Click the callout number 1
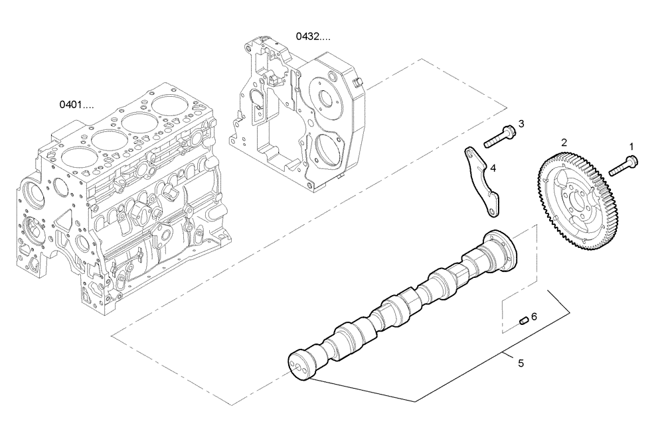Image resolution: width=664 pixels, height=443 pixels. pyautogui.click(x=631, y=145)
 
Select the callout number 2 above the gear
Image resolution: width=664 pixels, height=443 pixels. pyautogui.click(x=564, y=142)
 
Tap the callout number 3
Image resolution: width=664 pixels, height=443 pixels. pyautogui.click(x=521, y=123)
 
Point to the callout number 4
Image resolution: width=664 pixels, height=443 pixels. pyautogui.click(x=492, y=168)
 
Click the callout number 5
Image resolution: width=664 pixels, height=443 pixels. pyautogui.click(x=521, y=363)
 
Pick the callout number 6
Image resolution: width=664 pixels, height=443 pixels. pyautogui.click(x=534, y=317)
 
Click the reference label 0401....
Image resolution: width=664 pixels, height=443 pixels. pyautogui.click(x=76, y=104)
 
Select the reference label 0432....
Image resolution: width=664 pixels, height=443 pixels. pyautogui.click(x=313, y=36)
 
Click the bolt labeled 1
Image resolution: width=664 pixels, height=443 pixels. pyautogui.click(x=622, y=164)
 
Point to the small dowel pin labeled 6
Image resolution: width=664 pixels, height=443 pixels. pyautogui.click(x=523, y=322)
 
